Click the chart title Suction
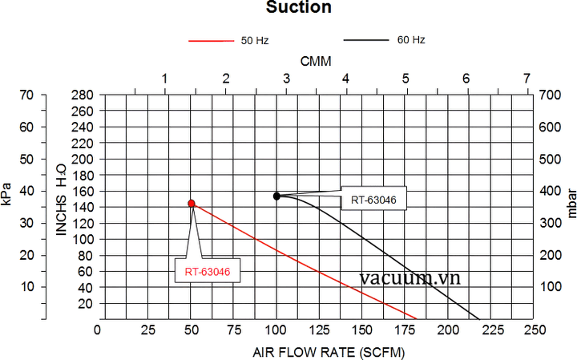click(x=288, y=8)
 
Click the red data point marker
click(x=192, y=204)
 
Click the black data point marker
click(x=276, y=196)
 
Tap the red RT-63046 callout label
click(x=208, y=272)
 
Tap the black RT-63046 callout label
click(x=373, y=199)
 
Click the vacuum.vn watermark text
click(x=410, y=278)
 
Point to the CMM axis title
click(x=316, y=62)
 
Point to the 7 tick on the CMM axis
click(x=527, y=79)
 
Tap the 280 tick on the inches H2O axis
click(x=84, y=95)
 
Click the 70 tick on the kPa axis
click(x=26, y=95)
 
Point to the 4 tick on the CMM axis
click(x=345, y=79)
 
